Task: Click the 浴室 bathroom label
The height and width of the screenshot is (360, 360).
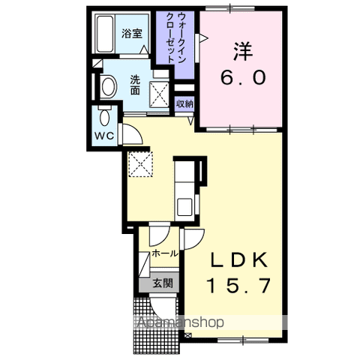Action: click(131, 34)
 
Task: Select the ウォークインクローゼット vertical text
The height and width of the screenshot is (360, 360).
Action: click(176, 41)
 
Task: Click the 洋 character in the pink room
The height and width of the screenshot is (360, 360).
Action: click(241, 51)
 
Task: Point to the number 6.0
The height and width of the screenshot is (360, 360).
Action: click(241, 78)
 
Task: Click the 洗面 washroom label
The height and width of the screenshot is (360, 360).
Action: click(135, 85)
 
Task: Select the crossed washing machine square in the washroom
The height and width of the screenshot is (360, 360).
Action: click(159, 94)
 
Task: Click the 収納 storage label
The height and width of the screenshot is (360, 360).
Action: click(184, 103)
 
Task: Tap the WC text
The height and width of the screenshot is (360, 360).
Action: click(104, 136)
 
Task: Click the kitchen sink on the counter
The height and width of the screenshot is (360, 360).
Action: click(184, 205)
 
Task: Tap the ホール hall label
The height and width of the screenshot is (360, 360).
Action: click(164, 253)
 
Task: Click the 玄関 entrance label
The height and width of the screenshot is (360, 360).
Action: click(162, 283)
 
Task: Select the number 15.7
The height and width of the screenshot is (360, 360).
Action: click(238, 286)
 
